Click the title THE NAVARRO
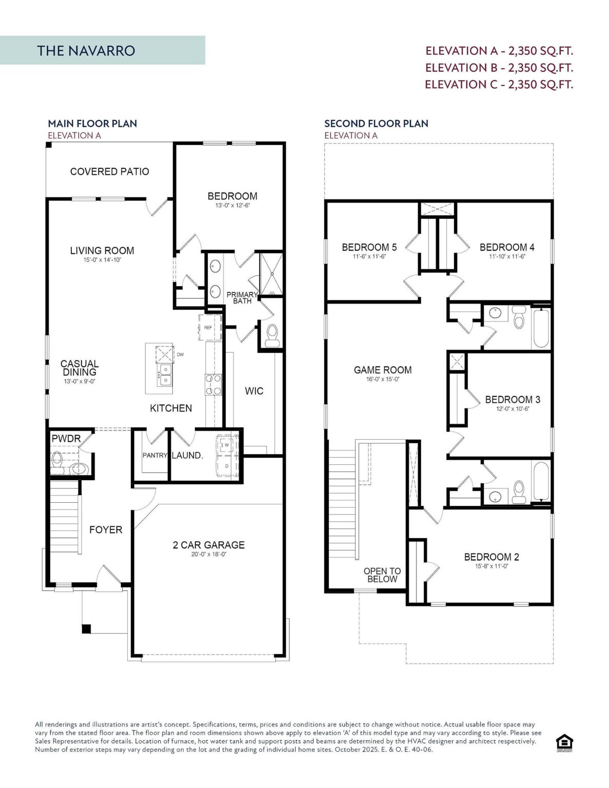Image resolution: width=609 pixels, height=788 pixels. click(86, 51)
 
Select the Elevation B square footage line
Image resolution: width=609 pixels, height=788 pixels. click(499, 68)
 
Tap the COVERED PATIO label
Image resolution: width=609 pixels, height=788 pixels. click(109, 171)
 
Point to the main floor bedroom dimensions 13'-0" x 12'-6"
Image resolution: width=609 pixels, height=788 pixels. click(232, 206)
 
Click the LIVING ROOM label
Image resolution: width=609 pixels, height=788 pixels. click(102, 250)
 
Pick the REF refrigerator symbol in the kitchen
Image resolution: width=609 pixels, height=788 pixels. click(208, 327)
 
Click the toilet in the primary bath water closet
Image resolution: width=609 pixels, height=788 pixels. click(271, 335)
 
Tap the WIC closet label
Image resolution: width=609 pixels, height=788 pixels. click(254, 391)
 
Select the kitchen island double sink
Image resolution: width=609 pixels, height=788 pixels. click(165, 375)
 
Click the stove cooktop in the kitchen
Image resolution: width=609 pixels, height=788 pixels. click(213, 384)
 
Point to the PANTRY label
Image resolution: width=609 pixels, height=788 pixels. click(154, 455)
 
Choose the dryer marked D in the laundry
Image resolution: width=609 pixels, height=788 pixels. click(227, 466)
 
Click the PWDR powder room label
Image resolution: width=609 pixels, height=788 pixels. click(66, 439)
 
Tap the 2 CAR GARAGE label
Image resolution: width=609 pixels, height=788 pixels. click(208, 545)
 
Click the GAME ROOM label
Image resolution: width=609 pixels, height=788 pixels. click(383, 370)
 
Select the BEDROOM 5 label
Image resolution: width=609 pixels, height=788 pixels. click(369, 247)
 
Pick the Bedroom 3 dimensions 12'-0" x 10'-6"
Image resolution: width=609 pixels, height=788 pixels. click(512, 409)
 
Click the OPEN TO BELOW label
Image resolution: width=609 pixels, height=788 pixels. click(382, 575)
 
